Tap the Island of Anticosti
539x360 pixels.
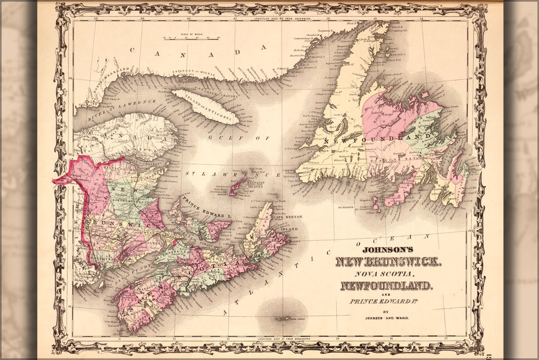point(206,106)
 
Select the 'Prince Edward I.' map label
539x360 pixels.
point(205,207)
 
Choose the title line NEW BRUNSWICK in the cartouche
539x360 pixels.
point(386,262)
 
